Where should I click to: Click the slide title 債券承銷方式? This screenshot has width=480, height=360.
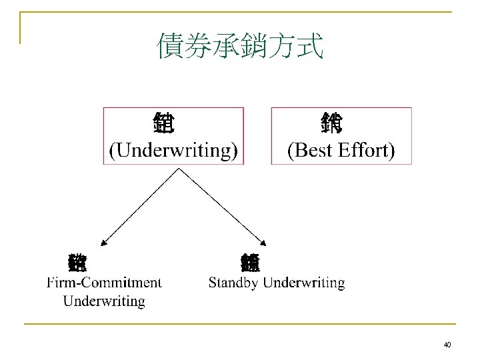[x=240, y=47]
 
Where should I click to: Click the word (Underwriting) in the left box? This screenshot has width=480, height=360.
[x=173, y=151]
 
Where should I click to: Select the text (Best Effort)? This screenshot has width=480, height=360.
[x=341, y=151]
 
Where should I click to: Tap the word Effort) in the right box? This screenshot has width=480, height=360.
[x=367, y=151]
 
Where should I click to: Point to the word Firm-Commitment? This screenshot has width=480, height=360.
[x=104, y=283]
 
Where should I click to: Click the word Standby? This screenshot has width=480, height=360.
[x=234, y=283]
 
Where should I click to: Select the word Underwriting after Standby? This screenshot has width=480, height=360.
[x=304, y=283]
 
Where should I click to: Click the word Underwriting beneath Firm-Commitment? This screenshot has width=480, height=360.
[x=104, y=301]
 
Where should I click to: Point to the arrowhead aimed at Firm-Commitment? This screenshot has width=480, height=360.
[x=105, y=243]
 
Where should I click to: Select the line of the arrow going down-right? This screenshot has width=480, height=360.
[x=222, y=205]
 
